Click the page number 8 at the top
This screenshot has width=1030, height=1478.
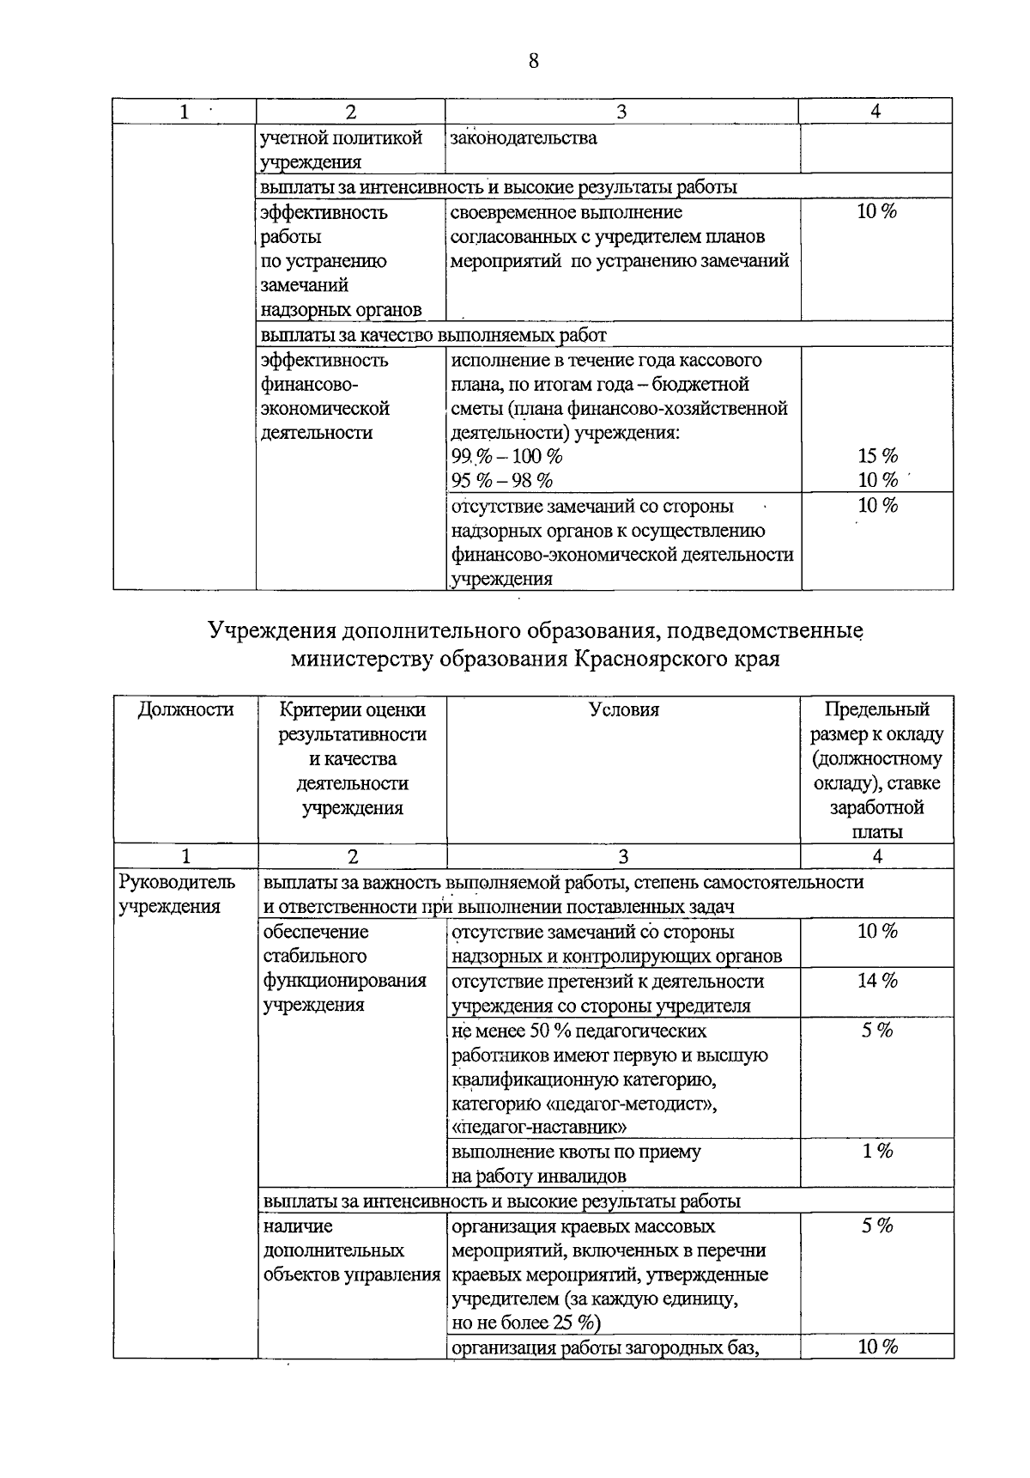point(533,61)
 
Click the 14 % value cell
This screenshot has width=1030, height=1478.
point(877,980)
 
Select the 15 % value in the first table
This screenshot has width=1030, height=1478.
point(877,456)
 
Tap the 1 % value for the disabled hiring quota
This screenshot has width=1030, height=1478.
point(877,1151)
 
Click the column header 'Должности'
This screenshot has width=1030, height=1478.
point(185,709)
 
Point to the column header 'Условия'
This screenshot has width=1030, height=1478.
point(624,709)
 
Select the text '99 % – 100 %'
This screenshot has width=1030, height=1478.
point(506,456)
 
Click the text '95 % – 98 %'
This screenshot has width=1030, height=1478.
point(502,481)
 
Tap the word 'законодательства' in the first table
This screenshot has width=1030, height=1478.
point(524,138)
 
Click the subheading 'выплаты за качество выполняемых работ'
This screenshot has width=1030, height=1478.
point(433,334)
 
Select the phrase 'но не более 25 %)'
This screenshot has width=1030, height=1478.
point(526,1322)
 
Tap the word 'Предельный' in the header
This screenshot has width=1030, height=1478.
point(876,709)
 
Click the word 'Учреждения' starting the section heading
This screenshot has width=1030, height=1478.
point(272,632)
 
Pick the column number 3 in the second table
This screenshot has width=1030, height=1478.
point(623,856)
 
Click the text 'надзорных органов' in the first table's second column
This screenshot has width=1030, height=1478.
point(341,310)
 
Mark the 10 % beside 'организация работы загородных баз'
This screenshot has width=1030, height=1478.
point(877,1347)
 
